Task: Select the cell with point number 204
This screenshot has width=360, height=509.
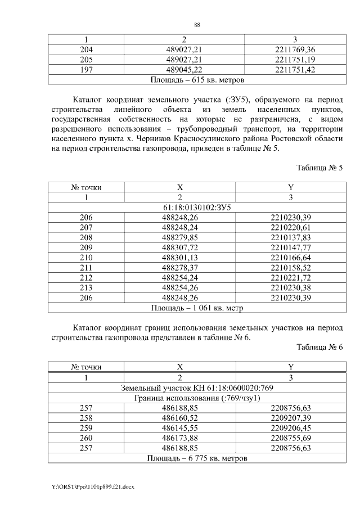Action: pos(86,49)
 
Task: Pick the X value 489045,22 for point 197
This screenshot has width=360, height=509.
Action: pos(181,70)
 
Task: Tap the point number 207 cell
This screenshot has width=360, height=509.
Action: pos(86,227)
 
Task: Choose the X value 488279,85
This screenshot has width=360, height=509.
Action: pos(180,237)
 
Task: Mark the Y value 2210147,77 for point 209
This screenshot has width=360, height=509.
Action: pos(291,247)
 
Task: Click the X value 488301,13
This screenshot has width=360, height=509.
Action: pos(180,257)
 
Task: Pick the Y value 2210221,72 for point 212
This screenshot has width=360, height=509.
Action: pos(291,277)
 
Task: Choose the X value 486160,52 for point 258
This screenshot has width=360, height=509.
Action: pos(180,418)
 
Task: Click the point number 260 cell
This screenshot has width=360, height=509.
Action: pos(86,438)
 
